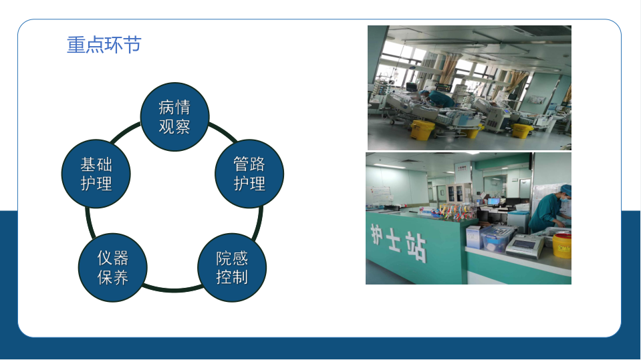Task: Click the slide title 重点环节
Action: (104, 45)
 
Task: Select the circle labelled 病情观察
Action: (174, 117)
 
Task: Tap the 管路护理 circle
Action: (249, 174)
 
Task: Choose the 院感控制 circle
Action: (232, 268)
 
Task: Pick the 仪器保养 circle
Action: (112, 268)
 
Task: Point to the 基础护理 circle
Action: (96, 174)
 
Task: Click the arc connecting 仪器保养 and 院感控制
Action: (172, 290)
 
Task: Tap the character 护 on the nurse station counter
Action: (378, 234)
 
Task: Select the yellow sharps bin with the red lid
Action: (561, 244)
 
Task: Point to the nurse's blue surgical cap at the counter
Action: (566, 190)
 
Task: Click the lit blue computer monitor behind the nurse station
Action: (494, 202)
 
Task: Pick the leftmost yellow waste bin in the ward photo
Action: (422, 130)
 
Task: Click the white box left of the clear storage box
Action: (474, 237)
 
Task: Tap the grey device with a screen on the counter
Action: (525, 245)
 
